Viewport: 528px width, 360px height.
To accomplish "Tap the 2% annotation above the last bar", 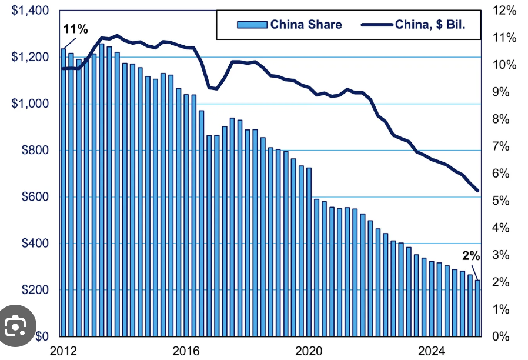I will pos(471,256).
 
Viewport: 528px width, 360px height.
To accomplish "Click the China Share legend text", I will pos(306,24).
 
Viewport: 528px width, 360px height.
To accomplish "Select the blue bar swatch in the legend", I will pos(252,24).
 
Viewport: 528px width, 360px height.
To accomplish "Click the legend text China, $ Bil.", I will pos(434,24).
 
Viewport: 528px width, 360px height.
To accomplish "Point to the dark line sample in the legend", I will pos(376,24).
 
